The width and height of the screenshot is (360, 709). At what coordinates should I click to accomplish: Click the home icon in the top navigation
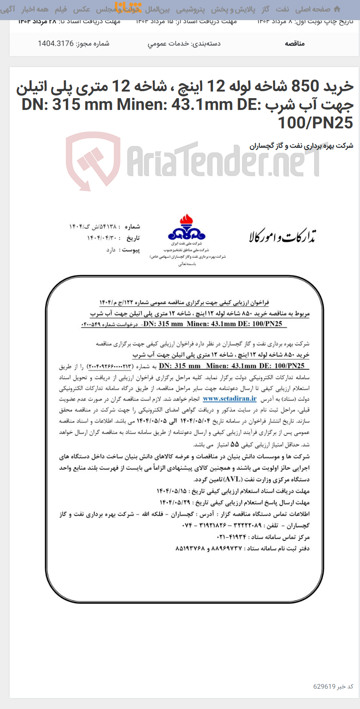[x=337, y=9]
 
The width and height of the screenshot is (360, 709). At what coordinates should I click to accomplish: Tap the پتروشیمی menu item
[x=190, y=9]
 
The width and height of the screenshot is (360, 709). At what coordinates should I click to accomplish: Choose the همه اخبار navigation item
[x=35, y=9]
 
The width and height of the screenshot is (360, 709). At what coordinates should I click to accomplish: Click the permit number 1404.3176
[x=56, y=43]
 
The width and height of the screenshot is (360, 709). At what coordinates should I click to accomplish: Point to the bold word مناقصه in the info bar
[x=295, y=43]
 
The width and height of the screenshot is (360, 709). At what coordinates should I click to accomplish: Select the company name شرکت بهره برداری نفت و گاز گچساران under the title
[x=301, y=146]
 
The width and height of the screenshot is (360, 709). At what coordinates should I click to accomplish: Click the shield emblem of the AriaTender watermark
[x=93, y=160]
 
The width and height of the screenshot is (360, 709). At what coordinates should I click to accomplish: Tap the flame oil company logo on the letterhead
[x=186, y=227]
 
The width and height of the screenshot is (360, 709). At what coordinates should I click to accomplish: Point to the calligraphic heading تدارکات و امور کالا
[x=282, y=237]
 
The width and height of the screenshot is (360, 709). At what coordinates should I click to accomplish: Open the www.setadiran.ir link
[x=229, y=399]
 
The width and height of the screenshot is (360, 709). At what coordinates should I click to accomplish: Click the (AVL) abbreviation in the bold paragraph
[x=233, y=479]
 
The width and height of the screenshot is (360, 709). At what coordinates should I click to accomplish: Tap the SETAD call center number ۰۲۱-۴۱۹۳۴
[x=232, y=537]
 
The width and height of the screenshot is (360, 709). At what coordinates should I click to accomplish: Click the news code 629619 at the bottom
[x=324, y=686]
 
